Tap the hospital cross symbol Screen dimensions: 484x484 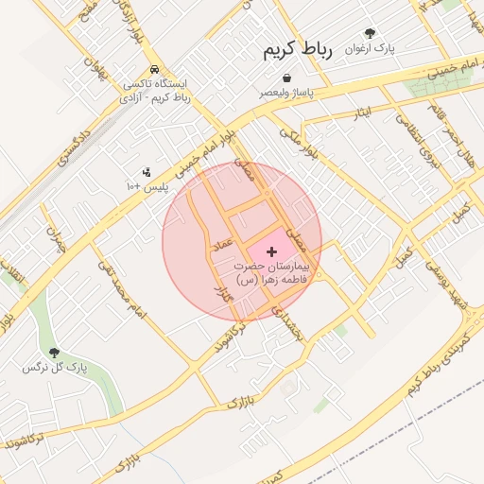(x=272, y=251)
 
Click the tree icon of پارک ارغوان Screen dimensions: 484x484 (x=370, y=32)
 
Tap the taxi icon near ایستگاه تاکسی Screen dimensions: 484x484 (x=154, y=70)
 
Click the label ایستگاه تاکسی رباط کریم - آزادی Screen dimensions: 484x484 (x=156, y=91)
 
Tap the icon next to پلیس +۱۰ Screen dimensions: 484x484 (x=147, y=172)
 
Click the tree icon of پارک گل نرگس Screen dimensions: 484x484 (x=53, y=351)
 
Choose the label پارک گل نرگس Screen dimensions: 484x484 (x=55, y=366)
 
